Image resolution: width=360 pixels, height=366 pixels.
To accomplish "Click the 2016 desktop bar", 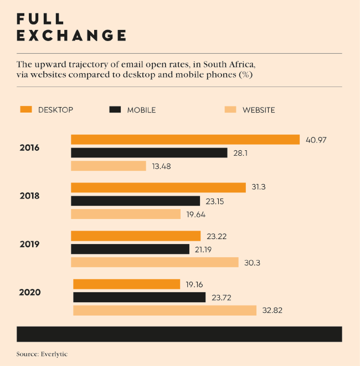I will (185, 140).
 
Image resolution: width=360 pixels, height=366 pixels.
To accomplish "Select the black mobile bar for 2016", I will (149, 152).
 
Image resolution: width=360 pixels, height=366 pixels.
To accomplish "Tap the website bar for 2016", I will (109, 166).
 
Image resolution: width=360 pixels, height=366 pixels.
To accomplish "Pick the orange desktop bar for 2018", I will (158, 187).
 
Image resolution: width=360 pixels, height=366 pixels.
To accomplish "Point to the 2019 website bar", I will (155, 262).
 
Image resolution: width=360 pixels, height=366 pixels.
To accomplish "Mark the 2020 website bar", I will (164, 311).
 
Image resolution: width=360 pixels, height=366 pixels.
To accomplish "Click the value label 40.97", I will (316, 140).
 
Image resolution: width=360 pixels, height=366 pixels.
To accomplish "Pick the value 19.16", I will (194, 284).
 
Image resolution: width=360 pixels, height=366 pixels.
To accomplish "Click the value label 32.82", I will (272, 311).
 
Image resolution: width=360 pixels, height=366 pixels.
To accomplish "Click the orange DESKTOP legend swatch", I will (25, 109).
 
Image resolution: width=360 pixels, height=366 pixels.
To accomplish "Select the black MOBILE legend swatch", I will (115, 109).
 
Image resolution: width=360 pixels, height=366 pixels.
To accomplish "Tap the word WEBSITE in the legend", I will (259, 110).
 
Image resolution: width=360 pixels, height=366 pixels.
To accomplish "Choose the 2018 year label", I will (29, 196).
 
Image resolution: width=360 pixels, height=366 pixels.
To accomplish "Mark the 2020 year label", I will (29, 292).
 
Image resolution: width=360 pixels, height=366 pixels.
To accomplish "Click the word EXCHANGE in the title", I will (71, 35).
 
